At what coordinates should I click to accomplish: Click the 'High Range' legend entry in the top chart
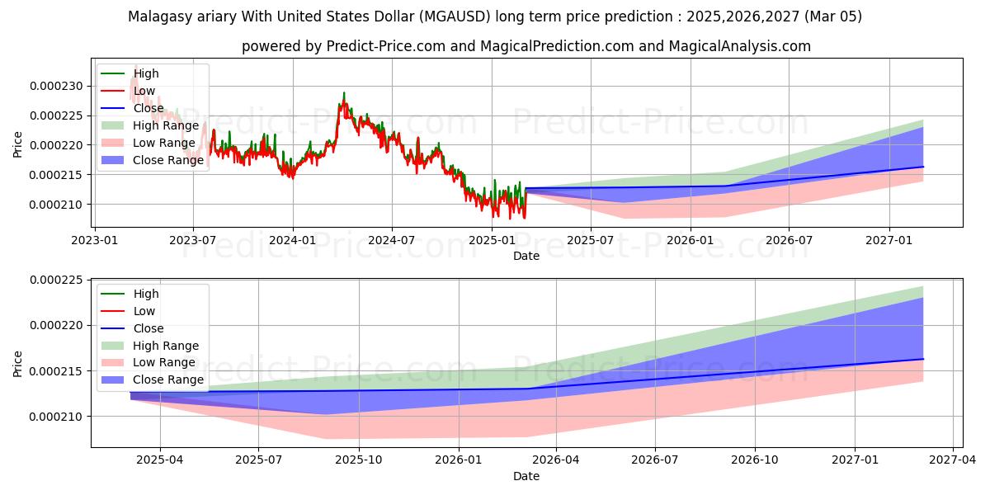[166, 125]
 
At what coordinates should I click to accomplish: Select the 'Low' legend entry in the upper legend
[145, 91]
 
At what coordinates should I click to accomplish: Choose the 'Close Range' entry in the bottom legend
[167, 379]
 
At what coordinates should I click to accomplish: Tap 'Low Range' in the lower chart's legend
[164, 362]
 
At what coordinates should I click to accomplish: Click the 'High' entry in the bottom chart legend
[146, 294]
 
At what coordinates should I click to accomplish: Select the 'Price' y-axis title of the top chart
[18, 144]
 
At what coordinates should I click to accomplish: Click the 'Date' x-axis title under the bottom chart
[526, 476]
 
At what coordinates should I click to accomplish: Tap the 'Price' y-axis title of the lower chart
[18, 364]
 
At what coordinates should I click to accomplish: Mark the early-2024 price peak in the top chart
[344, 93]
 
